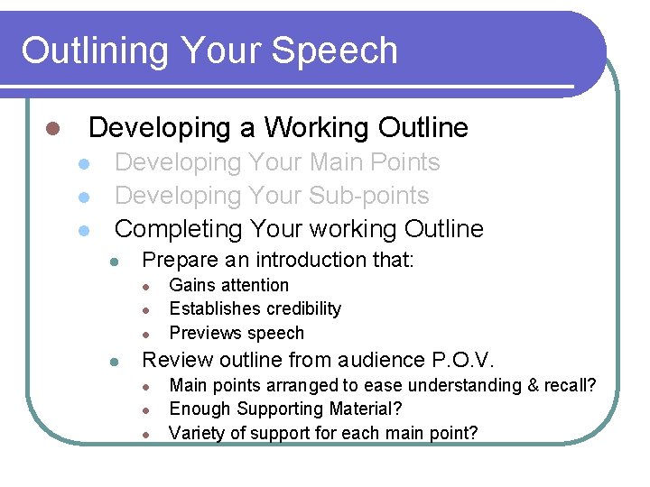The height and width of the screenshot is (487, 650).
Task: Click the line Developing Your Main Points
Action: [277, 163]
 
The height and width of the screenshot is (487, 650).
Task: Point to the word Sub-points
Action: [369, 196]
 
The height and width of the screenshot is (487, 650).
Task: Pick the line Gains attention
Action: [229, 286]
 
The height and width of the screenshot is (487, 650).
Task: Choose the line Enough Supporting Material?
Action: [285, 409]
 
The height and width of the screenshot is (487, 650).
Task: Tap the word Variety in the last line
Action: [198, 433]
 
